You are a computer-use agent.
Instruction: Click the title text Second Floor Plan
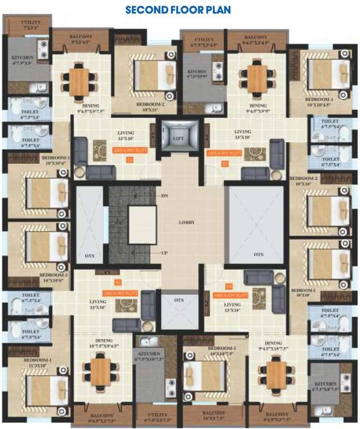click(x=178, y=10)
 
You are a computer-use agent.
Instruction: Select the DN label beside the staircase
click(x=164, y=196)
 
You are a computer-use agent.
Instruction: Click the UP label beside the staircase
click(x=164, y=253)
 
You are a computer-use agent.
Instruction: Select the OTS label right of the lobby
click(x=258, y=254)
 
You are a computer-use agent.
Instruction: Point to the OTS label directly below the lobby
click(x=179, y=301)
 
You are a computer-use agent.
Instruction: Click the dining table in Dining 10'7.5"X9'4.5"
click(x=101, y=372)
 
